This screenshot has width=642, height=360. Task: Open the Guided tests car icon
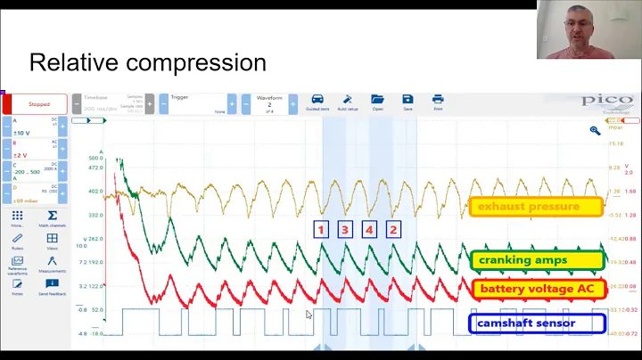click(317, 100)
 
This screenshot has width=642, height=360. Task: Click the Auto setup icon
click(347, 100)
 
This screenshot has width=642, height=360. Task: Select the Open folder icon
click(377, 100)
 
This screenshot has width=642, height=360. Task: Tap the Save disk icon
click(407, 100)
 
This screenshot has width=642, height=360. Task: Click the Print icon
click(438, 100)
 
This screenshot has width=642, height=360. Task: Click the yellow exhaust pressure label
click(528, 207)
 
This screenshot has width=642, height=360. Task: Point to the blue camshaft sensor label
click(526, 323)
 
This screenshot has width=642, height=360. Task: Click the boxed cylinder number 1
click(322, 229)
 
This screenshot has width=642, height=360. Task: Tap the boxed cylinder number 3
click(345, 229)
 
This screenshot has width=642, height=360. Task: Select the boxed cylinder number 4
click(369, 229)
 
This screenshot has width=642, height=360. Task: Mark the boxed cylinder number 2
click(392, 229)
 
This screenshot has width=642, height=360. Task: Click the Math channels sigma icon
click(53, 217)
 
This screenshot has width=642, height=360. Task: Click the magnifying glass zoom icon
click(595, 130)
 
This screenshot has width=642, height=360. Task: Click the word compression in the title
click(204, 63)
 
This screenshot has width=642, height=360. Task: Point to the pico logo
click(606, 101)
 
